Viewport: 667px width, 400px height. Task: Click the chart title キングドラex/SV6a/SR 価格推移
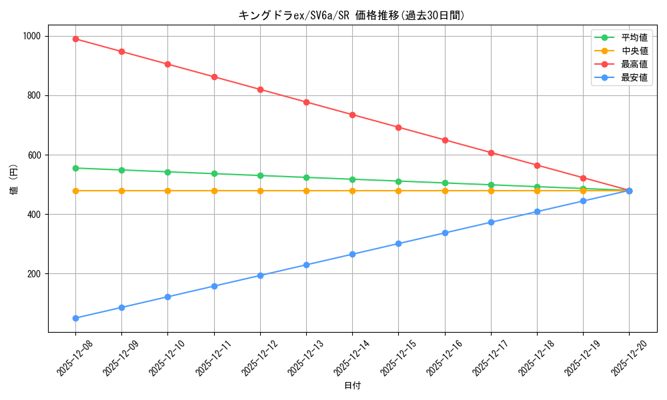tap(352, 15)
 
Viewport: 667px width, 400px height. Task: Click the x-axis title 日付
tap(352, 386)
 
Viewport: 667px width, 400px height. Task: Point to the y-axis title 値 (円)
tap(13, 180)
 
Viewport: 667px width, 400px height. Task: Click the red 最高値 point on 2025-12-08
tap(75, 39)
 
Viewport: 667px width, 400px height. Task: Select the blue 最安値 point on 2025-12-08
tap(75, 318)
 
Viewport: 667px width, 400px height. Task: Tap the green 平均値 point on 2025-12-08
tap(75, 168)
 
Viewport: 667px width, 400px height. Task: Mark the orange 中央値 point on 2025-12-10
tap(167, 191)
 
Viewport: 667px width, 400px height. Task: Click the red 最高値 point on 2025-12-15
tap(398, 127)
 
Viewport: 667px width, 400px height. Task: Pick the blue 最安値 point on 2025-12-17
tap(491, 222)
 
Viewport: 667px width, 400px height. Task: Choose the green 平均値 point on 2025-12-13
tap(306, 177)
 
